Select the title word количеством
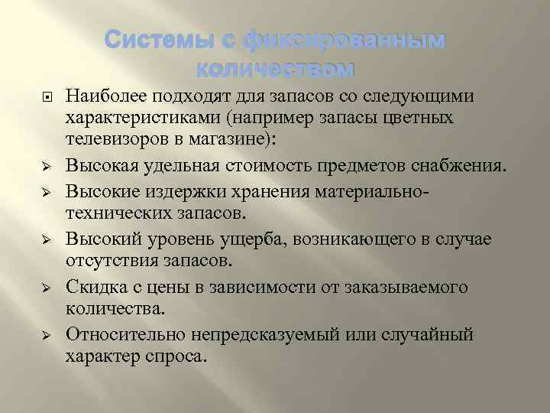275,70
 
